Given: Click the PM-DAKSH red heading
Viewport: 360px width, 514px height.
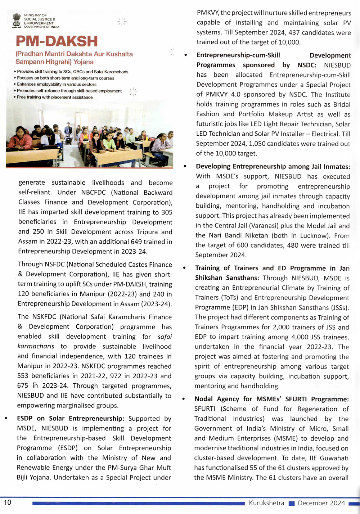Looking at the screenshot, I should click(x=57, y=41).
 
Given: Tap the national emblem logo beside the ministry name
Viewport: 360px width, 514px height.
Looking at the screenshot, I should click(x=17, y=20).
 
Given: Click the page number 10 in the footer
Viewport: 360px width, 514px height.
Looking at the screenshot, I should click(x=8, y=502).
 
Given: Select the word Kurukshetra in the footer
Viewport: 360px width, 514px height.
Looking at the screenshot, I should click(x=266, y=503).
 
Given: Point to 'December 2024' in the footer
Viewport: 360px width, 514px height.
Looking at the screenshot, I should click(x=321, y=503).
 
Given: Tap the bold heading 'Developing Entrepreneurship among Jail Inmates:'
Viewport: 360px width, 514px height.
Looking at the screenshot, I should click(x=273, y=167).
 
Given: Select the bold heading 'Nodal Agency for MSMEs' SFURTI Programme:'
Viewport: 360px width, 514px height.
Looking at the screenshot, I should click(x=271, y=399).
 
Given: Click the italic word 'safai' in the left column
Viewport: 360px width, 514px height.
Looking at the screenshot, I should click(x=165, y=337).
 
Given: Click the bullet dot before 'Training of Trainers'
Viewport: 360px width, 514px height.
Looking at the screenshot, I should click(x=184, y=268).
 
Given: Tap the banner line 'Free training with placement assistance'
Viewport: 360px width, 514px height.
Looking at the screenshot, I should click(x=55, y=97).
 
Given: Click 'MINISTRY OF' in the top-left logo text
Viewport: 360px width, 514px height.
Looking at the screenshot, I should click(x=35, y=15).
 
